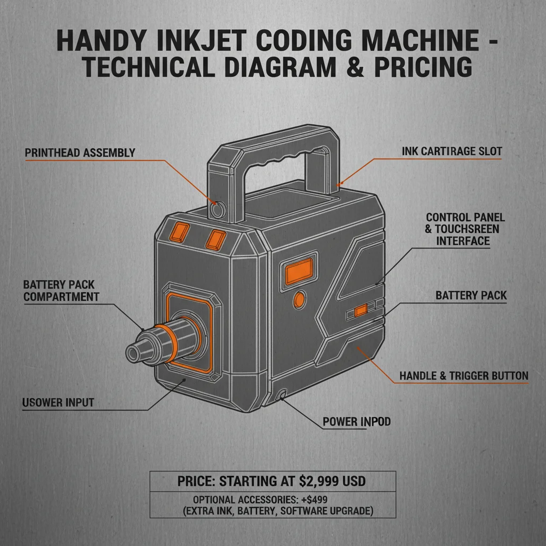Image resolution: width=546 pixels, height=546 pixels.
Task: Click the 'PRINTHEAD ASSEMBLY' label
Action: pos(80,153)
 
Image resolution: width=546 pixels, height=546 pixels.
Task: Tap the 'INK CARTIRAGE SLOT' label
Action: pos(452,151)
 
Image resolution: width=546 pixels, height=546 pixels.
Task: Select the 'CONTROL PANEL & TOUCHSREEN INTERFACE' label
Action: pos(465,229)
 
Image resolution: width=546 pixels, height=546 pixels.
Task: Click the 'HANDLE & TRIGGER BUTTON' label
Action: pos(464,376)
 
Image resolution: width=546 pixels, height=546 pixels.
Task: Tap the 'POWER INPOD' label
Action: pos(357,422)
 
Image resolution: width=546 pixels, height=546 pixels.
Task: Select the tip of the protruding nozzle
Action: pos(134,352)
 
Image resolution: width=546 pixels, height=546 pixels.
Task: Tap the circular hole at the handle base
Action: pos(217,210)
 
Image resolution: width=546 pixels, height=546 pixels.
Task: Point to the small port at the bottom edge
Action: pos(280,395)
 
